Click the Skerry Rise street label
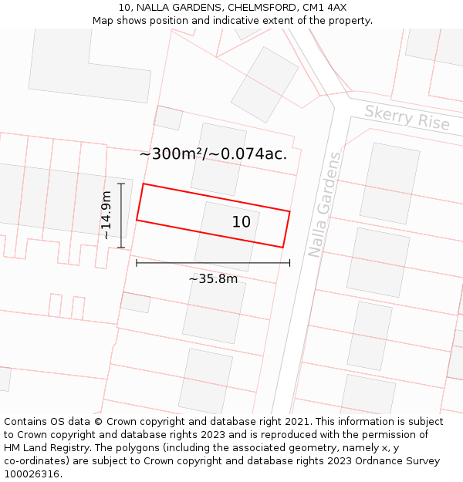(x=407, y=117)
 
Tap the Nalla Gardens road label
(x=325, y=204)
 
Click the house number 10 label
(x=242, y=222)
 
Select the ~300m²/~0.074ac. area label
(x=213, y=153)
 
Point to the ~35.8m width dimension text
(x=213, y=278)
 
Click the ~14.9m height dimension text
(x=106, y=215)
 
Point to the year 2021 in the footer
(x=297, y=422)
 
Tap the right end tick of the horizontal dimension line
(x=290, y=263)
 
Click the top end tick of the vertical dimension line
(x=121, y=184)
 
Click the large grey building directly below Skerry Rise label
(x=390, y=184)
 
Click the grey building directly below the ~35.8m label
(x=215, y=311)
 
